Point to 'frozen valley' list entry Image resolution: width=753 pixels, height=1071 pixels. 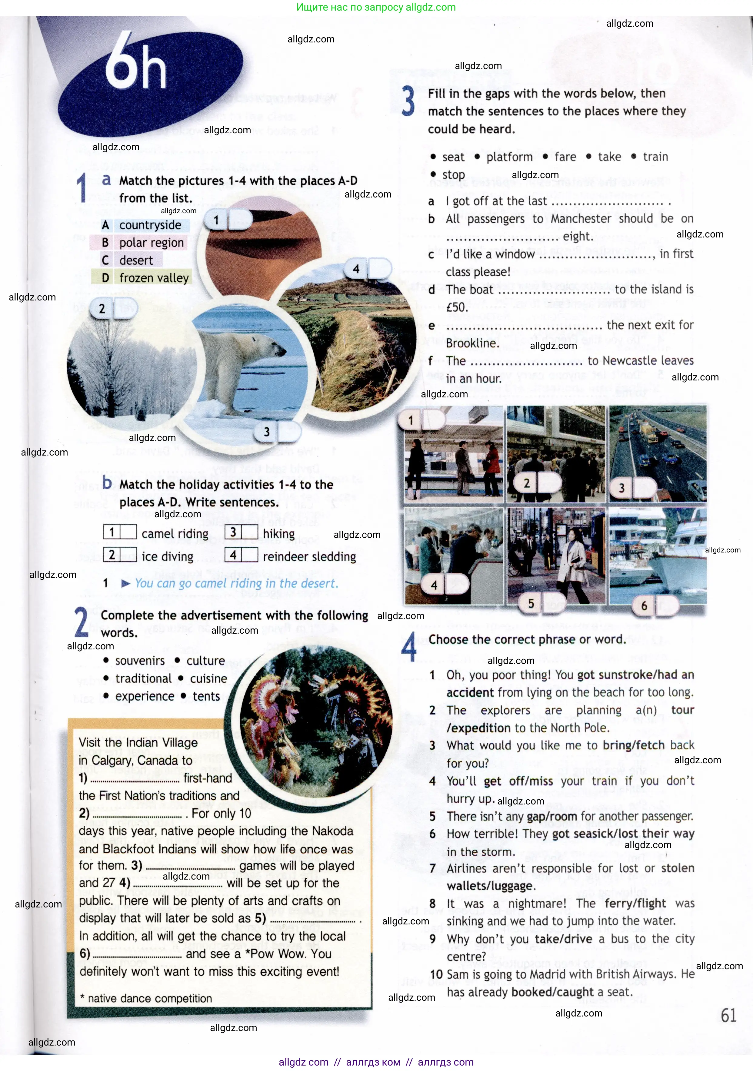154,278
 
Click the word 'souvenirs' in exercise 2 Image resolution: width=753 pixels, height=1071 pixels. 140,661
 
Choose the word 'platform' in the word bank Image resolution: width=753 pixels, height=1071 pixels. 509,157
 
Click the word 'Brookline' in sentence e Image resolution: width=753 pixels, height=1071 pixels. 472,343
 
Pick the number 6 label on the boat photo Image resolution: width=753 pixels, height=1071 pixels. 644,606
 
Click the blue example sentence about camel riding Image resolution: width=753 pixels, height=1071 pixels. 236,584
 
